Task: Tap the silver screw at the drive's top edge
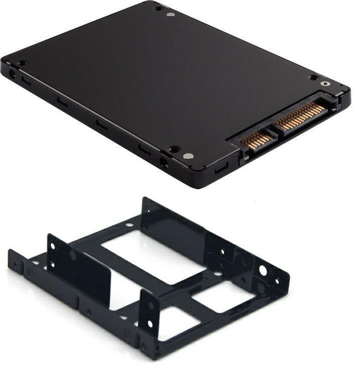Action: tap(171, 15)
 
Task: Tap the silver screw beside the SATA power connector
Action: tap(326, 84)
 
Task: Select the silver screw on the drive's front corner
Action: tap(188, 156)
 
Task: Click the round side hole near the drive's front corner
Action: tap(164, 162)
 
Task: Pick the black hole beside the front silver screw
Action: tap(174, 150)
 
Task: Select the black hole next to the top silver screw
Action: tap(158, 9)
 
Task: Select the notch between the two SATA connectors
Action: tap(275, 132)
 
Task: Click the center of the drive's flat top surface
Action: tap(166, 80)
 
